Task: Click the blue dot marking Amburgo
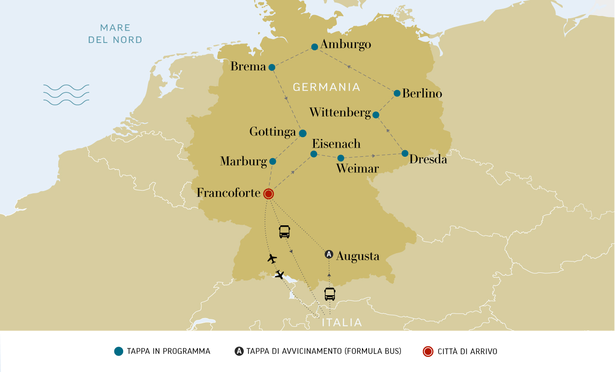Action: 314,47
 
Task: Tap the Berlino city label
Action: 422,93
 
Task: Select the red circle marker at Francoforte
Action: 269,194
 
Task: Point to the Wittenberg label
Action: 340,112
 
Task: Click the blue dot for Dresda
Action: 405,153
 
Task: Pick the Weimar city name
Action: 357,169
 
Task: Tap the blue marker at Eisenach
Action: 314,154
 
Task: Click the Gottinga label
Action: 272,132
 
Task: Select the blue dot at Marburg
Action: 273,161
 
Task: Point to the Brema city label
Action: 248,67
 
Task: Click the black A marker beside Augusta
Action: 329,255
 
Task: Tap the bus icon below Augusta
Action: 330,293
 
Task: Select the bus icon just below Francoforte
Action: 285,231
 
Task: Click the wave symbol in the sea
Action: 66,95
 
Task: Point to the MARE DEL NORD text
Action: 115,34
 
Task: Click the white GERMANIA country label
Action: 326,87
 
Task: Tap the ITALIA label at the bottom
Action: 342,323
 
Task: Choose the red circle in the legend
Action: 427,351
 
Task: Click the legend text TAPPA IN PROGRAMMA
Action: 168,351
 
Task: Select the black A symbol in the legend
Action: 239,351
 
